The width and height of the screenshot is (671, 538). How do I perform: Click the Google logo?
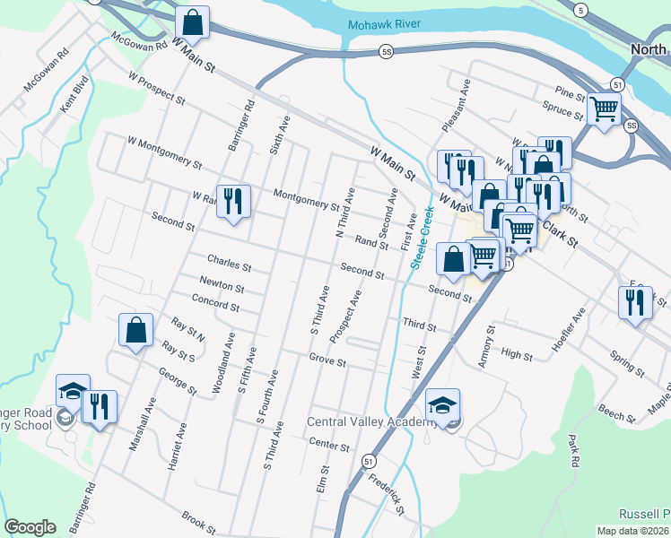click(x=30, y=526)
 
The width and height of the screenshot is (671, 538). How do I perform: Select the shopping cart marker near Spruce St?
click(x=604, y=109)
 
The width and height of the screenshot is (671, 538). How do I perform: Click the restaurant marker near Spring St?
click(x=635, y=302)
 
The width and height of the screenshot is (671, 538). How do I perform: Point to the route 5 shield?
click(x=581, y=10)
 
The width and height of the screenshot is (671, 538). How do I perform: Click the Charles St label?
click(x=229, y=263)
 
